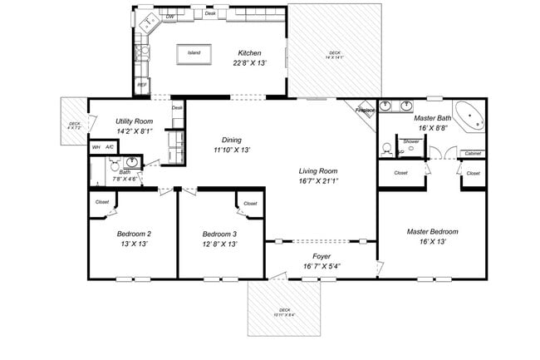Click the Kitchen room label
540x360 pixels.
click(250, 52)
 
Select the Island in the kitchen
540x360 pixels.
click(194, 53)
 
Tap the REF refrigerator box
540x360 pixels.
click(142, 85)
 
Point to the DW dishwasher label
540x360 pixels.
click(169, 16)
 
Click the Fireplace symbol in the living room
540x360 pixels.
click(366, 111)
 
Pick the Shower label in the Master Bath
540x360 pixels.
click(411, 141)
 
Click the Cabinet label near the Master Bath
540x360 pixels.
click(472, 153)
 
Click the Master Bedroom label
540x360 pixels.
click(432, 231)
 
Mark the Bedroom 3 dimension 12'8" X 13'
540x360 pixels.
click(220, 244)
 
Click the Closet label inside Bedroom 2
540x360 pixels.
click(102, 202)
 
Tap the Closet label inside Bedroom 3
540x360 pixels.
click(250, 203)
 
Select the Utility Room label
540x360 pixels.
click(134, 121)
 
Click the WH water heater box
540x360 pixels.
click(96, 147)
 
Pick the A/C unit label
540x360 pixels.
click(110, 147)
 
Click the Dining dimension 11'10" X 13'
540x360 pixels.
click(232, 150)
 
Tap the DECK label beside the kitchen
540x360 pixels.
click(334, 53)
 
